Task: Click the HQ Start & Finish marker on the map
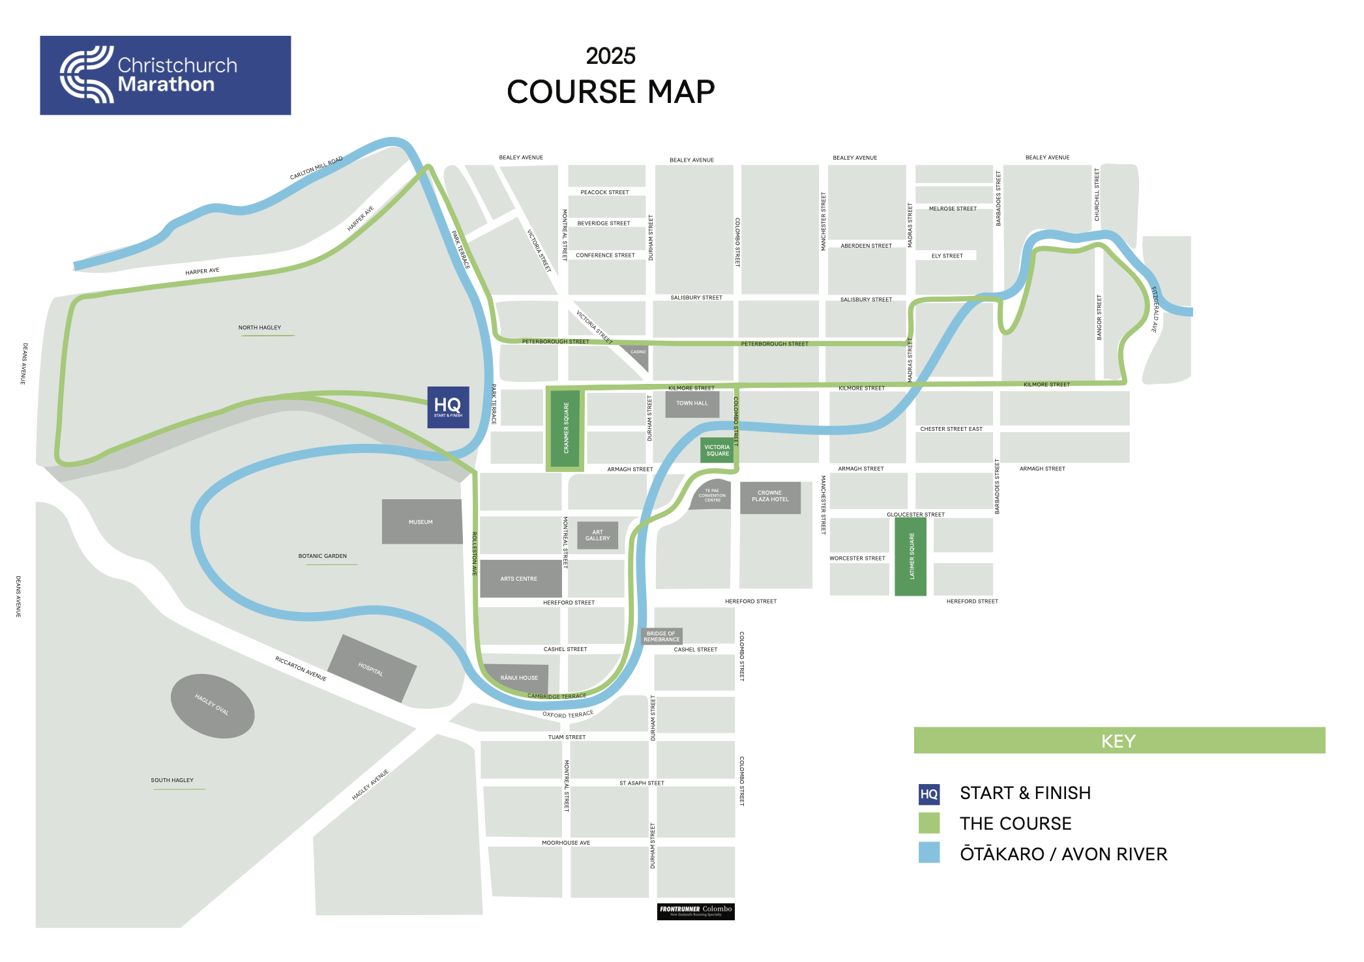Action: [x=448, y=407]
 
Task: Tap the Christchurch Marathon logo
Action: [x=165, y=76]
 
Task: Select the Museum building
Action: [x=422, y=521]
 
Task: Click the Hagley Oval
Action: [x=213, y=706]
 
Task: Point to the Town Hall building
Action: [x=692, y=404]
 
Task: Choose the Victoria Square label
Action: [x=717, y=450]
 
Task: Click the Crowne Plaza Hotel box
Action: [x=770, y=497]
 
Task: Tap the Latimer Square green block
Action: [x=910, y=557]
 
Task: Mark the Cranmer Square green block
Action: [x=565, y=428]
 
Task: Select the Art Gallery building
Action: [x=597, y=536]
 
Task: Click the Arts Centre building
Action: [x=520, y=578]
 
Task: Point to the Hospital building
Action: [x=372, y=668]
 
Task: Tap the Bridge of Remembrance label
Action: [x=661, y=636]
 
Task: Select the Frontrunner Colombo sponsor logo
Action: [x=696, y=911]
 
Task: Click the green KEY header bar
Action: [x=1119, y=740]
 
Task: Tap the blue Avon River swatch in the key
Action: [x=929, y=853]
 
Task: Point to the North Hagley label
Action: [x=259, y=327]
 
